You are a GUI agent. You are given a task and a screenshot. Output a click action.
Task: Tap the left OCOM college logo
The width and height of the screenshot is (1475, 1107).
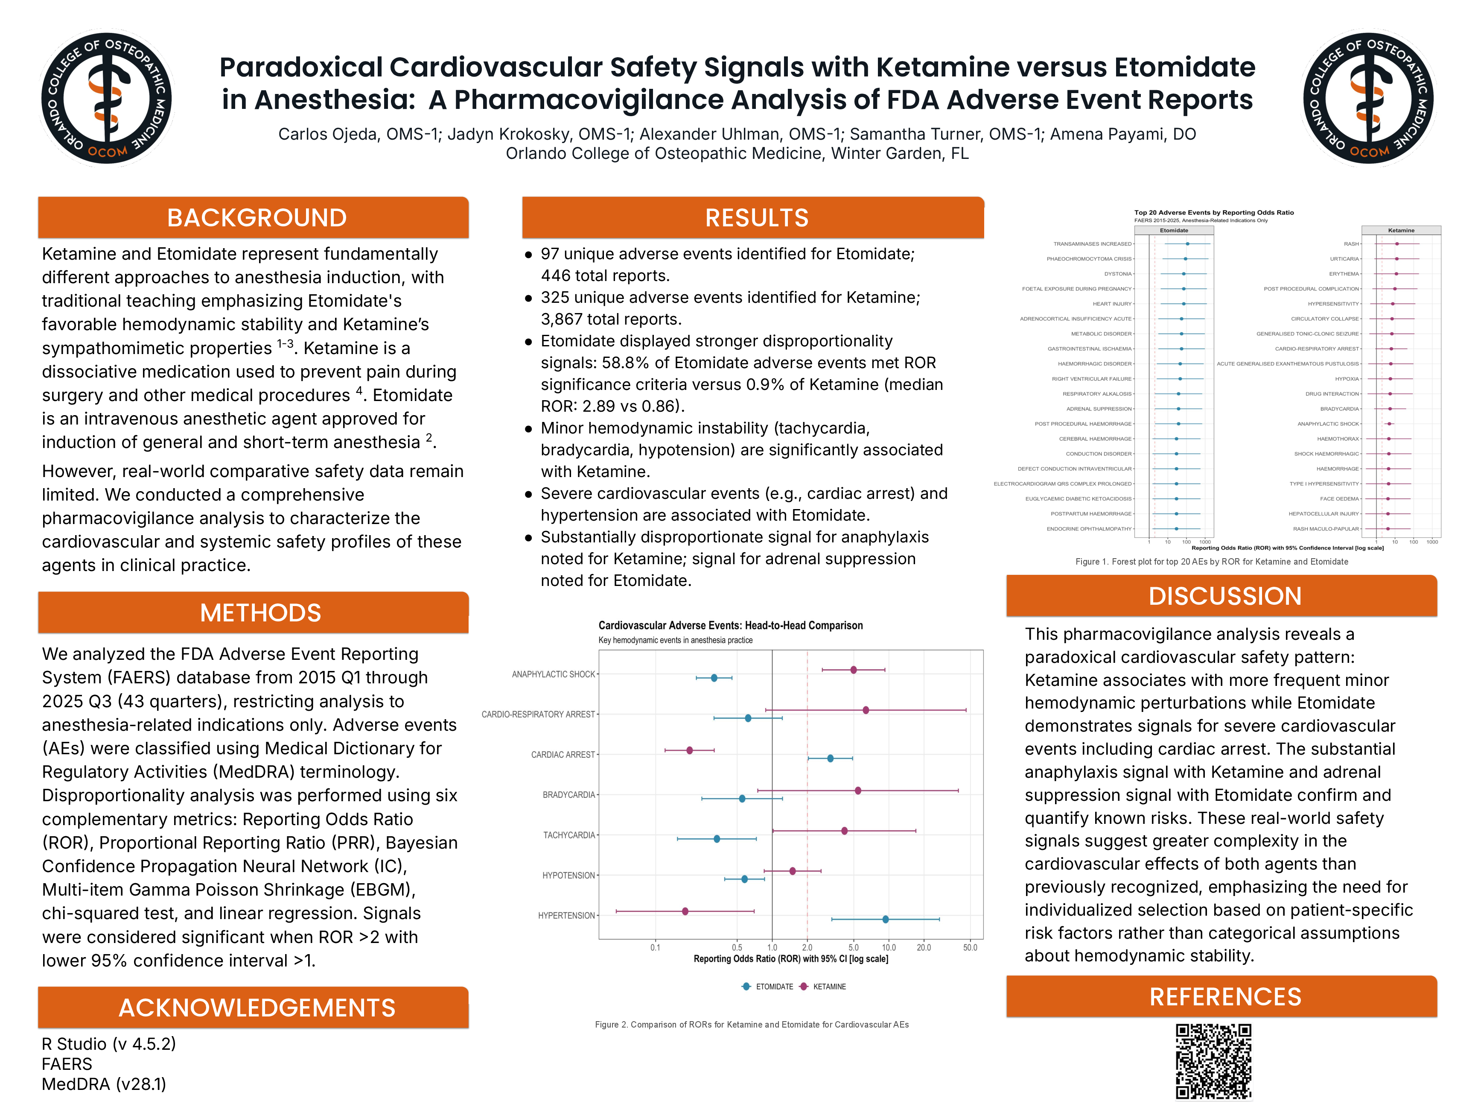(107, 98)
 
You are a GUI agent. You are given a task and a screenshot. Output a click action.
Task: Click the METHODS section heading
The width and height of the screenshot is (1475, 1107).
(260, 612)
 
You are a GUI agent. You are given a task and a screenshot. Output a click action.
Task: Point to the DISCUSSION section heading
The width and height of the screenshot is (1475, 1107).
(1224, 596)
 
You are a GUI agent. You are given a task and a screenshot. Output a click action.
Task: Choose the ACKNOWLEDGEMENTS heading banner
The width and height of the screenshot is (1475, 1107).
(257, 1007)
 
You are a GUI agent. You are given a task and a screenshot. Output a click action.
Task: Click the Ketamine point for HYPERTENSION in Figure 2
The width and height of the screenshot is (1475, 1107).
(685, 911)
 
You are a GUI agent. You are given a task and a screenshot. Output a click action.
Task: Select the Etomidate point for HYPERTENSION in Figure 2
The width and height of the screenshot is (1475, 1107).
(886, 920)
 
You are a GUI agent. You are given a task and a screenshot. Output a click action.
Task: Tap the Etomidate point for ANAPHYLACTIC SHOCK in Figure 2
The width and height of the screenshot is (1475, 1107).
(714, 678)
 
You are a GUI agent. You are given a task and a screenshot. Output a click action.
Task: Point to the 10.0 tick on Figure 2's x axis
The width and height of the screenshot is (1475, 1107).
(889, 948)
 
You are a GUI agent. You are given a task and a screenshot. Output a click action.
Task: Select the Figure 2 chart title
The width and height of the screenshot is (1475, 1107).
(730, 625)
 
